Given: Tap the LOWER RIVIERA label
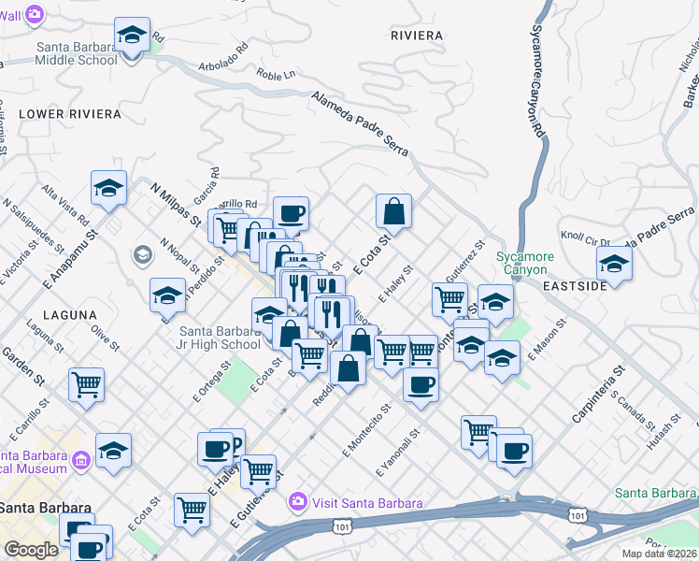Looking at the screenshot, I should (70, 114).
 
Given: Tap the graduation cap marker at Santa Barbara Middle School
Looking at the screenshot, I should (132, 36).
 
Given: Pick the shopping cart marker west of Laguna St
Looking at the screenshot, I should (86, 382).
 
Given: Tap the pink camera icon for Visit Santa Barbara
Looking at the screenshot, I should (298, 503).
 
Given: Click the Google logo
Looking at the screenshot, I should (31, 550).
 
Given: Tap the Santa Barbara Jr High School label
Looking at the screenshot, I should (220, 337).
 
